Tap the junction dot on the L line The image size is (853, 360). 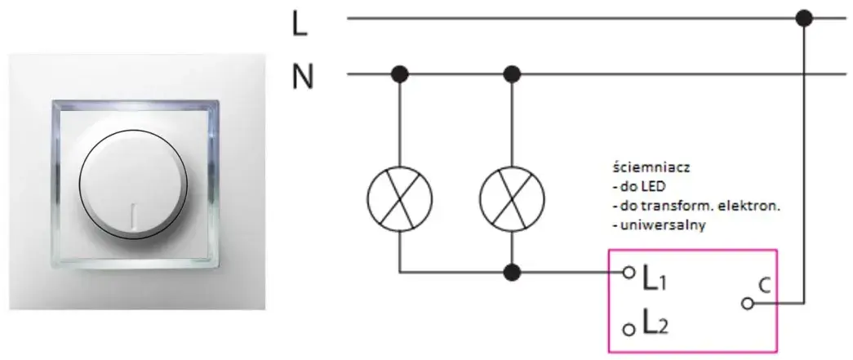tap(803, 19)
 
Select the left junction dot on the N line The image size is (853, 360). tap(400, 74)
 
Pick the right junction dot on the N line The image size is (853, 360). tap(512, 74)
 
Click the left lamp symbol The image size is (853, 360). tap(400, 198)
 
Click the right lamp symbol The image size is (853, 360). tap(512, 198)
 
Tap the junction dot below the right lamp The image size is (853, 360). tap(512, 273)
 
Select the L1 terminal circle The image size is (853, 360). tap(629, 273)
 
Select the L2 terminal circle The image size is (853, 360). tap(629, 329)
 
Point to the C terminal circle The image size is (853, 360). tap(748, 304)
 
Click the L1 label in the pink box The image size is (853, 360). tap(655, 278)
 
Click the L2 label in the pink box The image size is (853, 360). tap(655, 323)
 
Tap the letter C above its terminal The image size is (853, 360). tap(765, 286)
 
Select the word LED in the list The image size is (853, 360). tap(655, 187)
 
